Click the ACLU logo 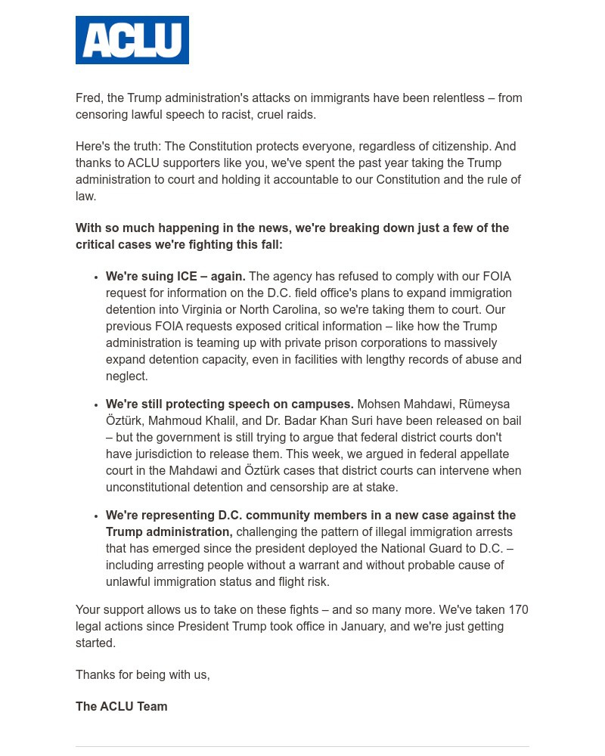(132, 40)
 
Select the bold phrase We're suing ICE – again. (175, 277)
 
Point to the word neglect (126, 376)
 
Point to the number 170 (518, 610)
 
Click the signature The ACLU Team (121, 707)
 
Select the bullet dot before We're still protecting (96, 405)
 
